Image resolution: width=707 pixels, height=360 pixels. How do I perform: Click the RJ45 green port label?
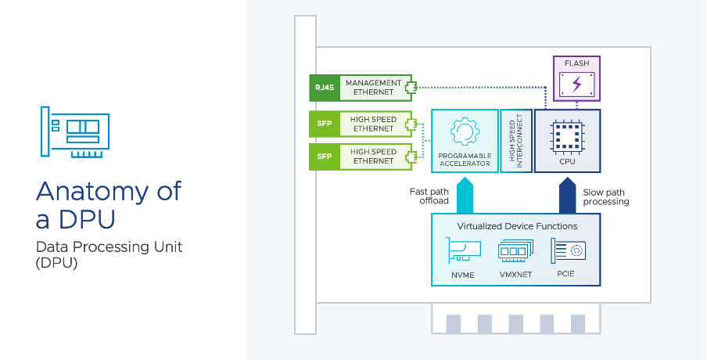point(324,88)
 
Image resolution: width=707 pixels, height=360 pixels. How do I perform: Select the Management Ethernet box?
point(373,88)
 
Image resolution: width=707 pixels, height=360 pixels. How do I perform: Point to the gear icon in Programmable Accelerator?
point(465,131)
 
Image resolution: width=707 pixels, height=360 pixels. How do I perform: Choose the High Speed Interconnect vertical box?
point(515,141)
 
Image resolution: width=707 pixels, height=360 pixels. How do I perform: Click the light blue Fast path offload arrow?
point(465,196)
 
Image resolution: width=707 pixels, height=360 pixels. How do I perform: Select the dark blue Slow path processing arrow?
point(568,196)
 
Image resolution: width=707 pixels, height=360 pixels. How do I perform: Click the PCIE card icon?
point(568,250)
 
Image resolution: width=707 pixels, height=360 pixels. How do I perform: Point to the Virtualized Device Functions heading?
point(515,226)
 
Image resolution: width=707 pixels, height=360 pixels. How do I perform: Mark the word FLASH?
point(576,63)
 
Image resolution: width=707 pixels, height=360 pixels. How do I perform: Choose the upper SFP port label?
point(324,124)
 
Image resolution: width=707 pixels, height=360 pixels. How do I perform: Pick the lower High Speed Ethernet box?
point(373,156)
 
